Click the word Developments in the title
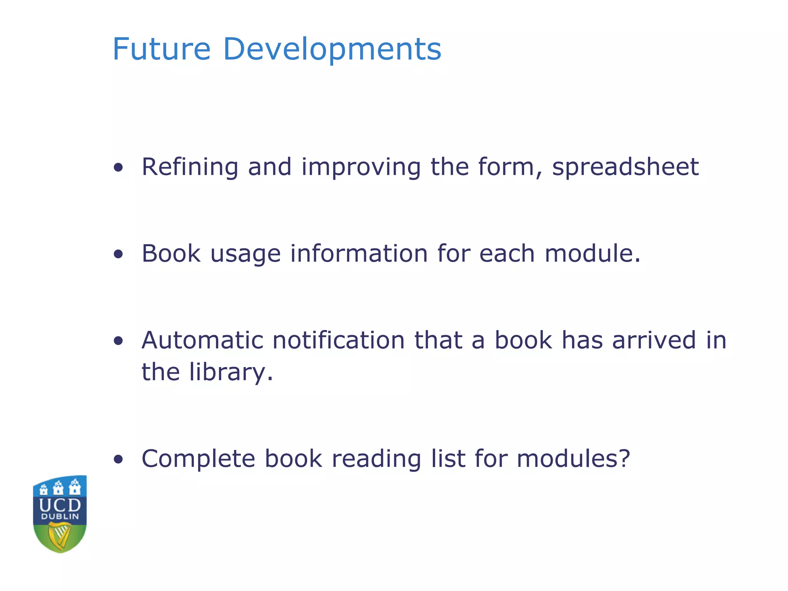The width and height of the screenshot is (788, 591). (332, 49)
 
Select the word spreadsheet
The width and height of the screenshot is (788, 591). (625, 168)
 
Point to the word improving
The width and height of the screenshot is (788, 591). (361, 168)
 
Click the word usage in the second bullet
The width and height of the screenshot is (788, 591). (245, 254)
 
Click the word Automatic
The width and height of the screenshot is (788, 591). (202, 341)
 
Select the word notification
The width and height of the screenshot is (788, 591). (339, 341)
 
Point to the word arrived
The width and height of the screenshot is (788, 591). (654, 341)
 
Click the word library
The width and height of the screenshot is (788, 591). (231, 372)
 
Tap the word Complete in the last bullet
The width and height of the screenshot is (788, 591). (199, 459)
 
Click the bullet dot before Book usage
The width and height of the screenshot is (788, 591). (119, 254)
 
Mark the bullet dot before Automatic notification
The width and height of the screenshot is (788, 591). (119, 341)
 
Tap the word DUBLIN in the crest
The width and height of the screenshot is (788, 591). (60, 517)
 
